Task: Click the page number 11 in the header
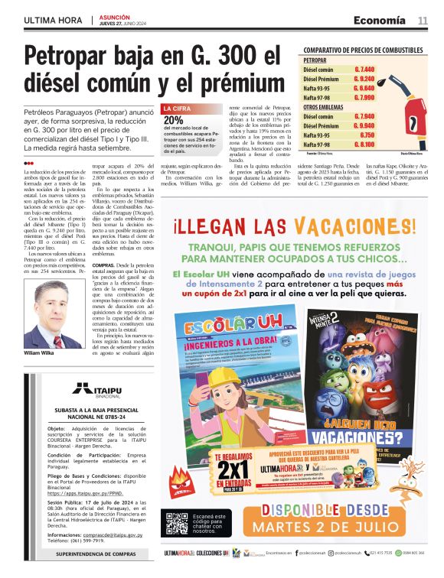[x=423, y=20]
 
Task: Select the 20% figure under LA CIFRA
[x=174, y=120]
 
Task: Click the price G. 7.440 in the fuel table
[x=364, y=69]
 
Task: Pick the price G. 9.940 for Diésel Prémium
[x=364, y=125]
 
